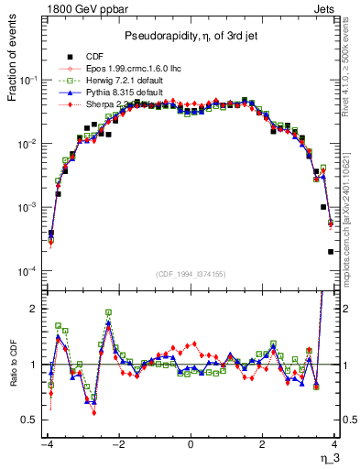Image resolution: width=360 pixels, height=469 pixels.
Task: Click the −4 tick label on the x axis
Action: click(47, 444)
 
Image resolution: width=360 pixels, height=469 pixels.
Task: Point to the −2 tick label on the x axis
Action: click(118, 444)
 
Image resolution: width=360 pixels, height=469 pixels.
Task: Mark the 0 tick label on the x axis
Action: click(191, 444)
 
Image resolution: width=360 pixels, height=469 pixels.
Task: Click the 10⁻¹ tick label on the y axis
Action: click(29, 81)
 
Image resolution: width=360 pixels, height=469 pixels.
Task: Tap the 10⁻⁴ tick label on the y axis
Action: click(29, 272)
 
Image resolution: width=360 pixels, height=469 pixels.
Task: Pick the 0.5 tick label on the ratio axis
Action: click(30, 420)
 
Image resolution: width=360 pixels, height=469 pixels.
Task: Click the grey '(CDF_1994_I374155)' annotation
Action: click(191, 273)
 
